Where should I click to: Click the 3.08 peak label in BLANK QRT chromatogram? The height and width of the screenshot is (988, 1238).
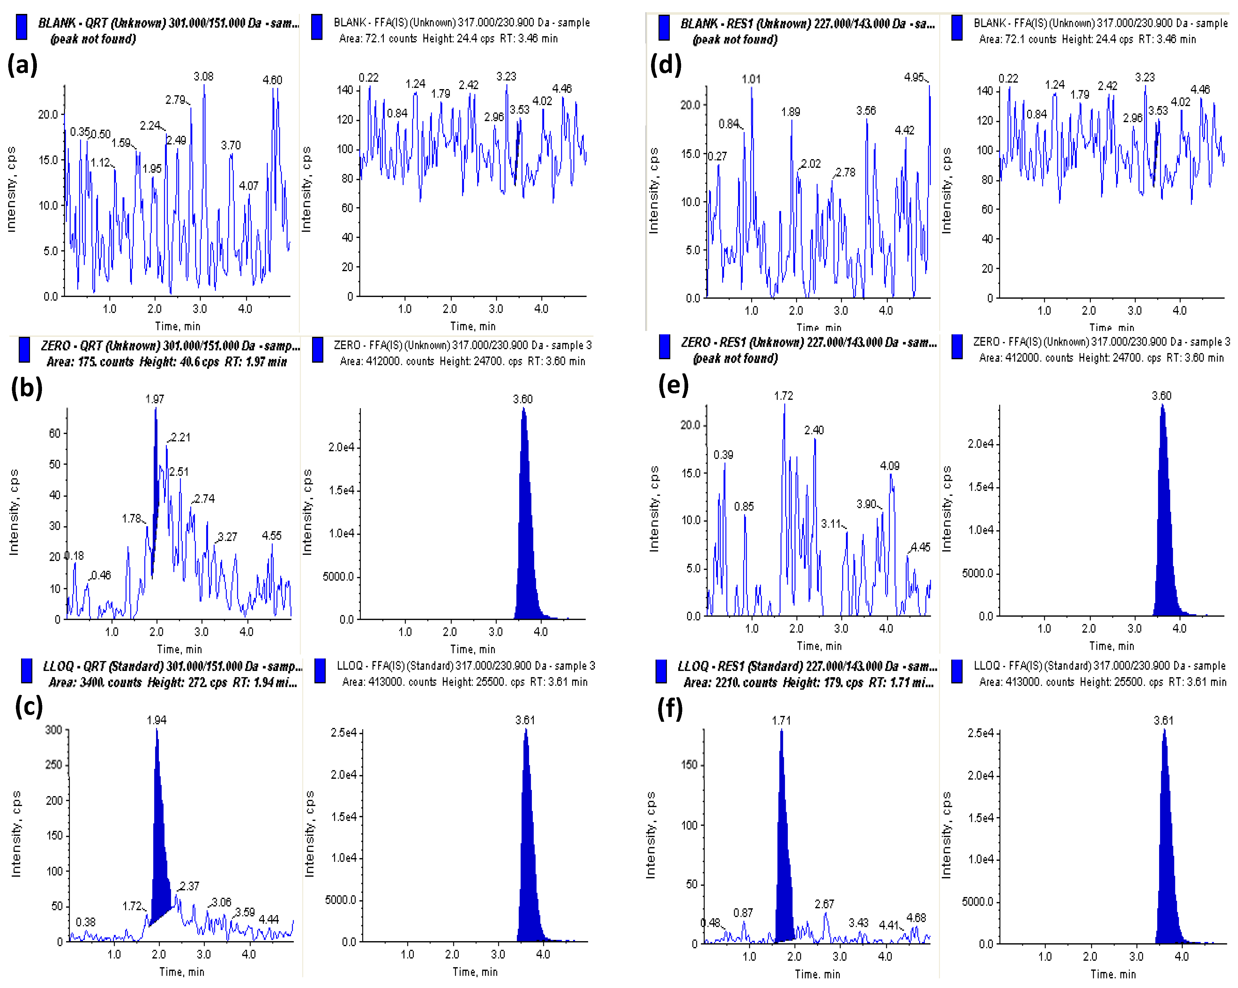click(x=203, y=76)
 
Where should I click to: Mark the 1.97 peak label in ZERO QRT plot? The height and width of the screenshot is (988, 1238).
click(x=154, y=399)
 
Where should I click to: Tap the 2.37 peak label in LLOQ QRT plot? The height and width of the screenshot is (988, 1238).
click(x=190, y=886)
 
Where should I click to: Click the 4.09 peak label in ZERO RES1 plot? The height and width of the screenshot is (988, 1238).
click(x=889, y=465)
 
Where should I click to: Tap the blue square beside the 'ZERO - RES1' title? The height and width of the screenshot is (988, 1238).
click(x=664, y=347)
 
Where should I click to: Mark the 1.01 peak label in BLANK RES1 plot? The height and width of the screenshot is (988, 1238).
click(x=751, y=79)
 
